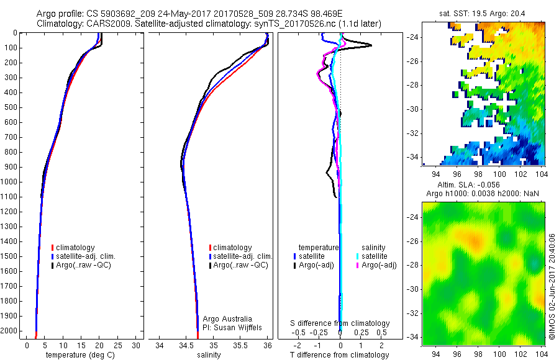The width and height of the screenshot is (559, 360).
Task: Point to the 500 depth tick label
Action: coord(11,107)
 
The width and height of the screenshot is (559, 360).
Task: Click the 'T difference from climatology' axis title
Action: coord(339,355)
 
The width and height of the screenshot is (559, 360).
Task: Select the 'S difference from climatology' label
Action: coord(340,323)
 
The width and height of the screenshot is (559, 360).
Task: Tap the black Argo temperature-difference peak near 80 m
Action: coord(370,45)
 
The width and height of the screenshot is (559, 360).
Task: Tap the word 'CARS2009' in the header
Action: coord(98,23)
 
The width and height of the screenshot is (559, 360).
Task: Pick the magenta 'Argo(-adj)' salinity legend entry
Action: coord(377,265)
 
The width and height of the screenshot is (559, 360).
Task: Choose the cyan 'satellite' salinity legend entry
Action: coord(375,256)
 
